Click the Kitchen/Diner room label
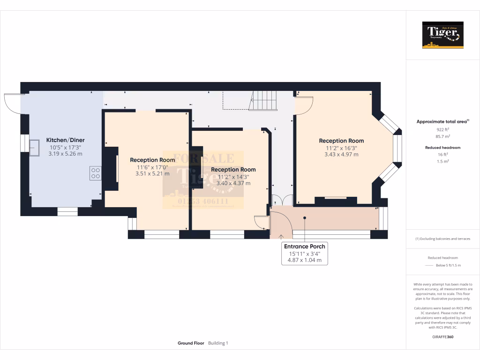[x=65, y=140]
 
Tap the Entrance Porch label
[x=304, y=247]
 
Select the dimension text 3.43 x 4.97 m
[x=341, y=154]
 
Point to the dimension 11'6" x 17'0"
[x=152, y=167]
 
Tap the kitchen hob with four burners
[x=96, y=173]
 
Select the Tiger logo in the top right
[x=442, y=35]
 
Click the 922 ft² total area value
[x=443, y=129]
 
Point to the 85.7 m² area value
[x=443, y=137]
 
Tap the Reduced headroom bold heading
[x=443, y=148]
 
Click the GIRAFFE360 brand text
[x=443, y=337]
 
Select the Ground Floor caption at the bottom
[x=191, y=343]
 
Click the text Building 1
[x=218, y=343]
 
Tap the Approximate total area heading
[x=442, y=121]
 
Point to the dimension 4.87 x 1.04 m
[x=304, y=260]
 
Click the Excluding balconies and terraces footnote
[x=443, y=239]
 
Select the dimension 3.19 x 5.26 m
[x=65, y=154]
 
